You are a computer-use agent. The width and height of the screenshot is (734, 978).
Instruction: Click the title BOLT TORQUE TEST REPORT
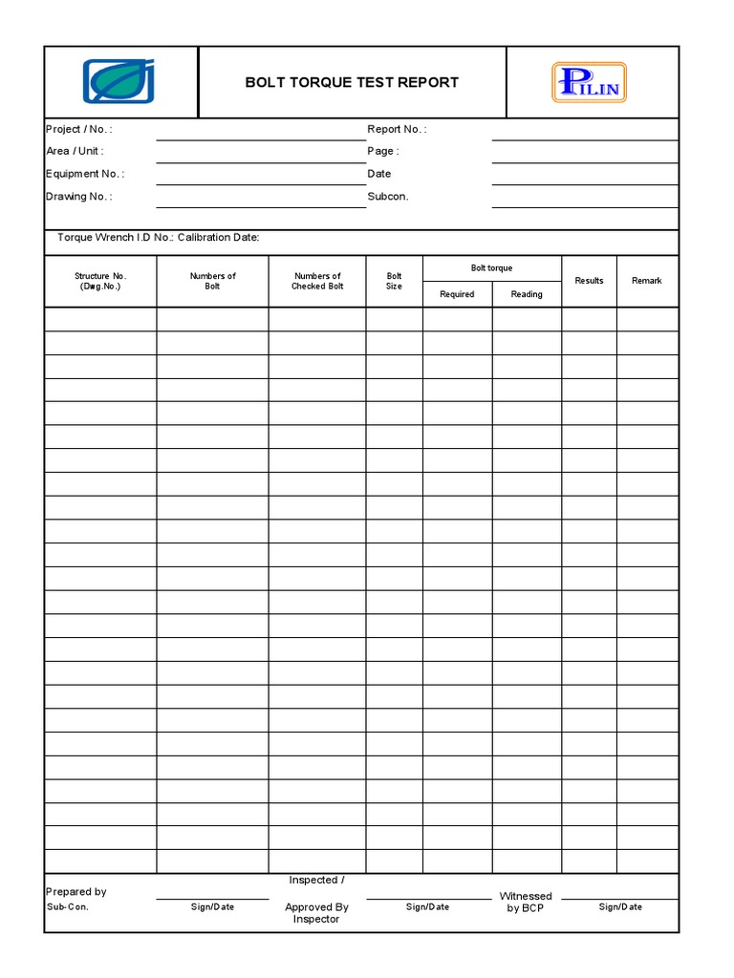click(x=352, y=82)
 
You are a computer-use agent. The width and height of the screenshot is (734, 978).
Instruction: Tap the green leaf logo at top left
click(x=120, y=81)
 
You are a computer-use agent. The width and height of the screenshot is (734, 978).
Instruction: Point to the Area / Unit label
click(x=75, y=151)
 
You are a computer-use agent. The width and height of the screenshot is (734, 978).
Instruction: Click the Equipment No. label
click(x=85, y=174)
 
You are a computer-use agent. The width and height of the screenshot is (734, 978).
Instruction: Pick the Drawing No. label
click(x=78, y=197)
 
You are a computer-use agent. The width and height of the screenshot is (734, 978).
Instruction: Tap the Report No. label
click(x=397, y=129)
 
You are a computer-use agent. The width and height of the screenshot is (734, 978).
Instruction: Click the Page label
click(x=383, y=151)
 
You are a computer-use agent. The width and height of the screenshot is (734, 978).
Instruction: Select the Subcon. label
click(x=388, y=197)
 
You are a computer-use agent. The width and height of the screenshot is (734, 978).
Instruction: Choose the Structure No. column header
click(x=100, y=281)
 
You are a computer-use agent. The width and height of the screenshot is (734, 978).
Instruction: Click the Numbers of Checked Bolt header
click(x=317, y=281)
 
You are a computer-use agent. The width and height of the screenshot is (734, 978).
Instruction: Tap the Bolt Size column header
click(x=394, y=281)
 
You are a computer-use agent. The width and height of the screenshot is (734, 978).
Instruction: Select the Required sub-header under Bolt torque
click(x=457, y=294)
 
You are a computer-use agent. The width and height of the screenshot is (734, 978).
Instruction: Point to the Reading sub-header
click(x=527, y=294)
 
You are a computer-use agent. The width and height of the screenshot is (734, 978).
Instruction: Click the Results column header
click(x=589, y=281)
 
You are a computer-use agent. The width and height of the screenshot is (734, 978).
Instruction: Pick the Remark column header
click(x=647, y=281)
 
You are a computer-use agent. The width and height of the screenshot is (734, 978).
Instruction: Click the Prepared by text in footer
click(x=76, y=891)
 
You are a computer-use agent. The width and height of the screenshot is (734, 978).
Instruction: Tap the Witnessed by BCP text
click(x=526, y=902)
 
